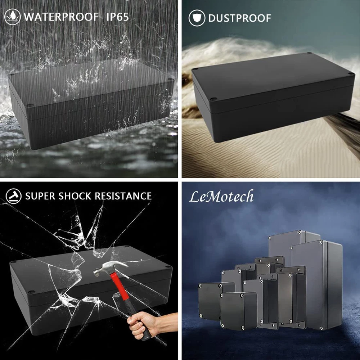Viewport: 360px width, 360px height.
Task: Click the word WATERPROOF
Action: (61, 17)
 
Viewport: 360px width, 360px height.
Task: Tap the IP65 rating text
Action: (118, 17)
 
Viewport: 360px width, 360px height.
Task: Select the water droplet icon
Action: (12, 17)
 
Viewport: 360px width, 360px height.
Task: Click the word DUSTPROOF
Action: (239, 18)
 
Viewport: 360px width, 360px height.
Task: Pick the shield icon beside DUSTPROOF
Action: (197, 18)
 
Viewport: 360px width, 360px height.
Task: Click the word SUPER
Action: (40, 196)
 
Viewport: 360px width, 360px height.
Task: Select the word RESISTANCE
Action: (123, 196)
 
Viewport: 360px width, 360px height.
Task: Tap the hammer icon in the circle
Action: (14, 196)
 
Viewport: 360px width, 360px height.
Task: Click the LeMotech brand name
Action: (221, 197)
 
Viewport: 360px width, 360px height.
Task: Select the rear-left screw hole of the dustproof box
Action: (195, 69)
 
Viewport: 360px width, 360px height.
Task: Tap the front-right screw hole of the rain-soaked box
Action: (171, 80)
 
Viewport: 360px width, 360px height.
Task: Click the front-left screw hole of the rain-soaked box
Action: (30, 105)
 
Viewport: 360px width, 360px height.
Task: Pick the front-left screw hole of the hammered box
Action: (31, 292)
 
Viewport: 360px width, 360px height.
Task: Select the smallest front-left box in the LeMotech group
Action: (210, 301)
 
